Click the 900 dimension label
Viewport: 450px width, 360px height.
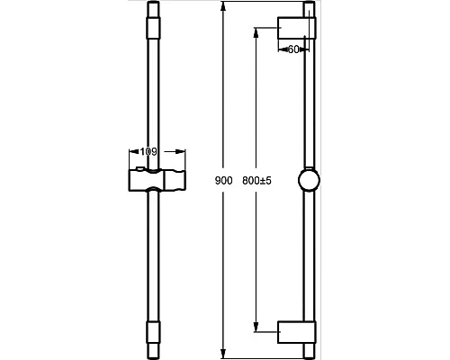(x=224, y=181)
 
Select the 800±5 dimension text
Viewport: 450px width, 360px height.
(x=256, y=181)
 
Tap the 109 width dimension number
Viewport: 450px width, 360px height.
(x=148, y=152)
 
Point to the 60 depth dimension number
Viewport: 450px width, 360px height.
(x=293, y=49)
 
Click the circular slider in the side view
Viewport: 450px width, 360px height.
(x=309, y=180)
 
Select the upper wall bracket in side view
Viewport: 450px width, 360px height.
(x=297, y=28)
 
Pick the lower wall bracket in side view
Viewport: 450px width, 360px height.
(x=297, y=332)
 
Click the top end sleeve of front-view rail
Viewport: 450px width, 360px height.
(x=153, y=28)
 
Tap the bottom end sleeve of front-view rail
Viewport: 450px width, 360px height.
(x=153, y=332)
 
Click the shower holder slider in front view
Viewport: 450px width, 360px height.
(x=157, y=180)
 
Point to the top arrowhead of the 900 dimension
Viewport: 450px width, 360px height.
(x=222, y=6)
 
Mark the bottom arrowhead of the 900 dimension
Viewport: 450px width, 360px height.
(x=222, y=354)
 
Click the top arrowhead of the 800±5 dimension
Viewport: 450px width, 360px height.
(x=256, y=32)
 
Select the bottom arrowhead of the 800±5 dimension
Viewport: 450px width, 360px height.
(x=256, y=327)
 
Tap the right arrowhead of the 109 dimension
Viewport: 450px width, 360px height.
(x=181, y=152)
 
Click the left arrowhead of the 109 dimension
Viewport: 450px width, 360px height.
(x=134, y=152)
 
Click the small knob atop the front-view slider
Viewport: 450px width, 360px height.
(x=139, y=168)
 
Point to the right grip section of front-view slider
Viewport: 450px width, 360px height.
(x=175, y=180)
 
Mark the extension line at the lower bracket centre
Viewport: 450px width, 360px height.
(x=267, y=332)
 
